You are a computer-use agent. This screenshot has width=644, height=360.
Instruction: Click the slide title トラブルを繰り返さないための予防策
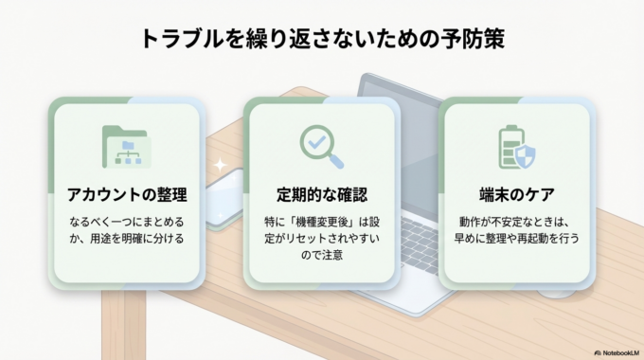point(322,39)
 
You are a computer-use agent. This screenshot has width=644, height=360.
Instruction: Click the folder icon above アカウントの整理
point(126,147)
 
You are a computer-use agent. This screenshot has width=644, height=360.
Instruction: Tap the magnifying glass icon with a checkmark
point(321,145)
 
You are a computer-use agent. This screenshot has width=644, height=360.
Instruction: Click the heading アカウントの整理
point(126,195)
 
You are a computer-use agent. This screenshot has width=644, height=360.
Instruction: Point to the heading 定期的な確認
point(321,195)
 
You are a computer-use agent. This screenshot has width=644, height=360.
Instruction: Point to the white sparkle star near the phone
point(220,165)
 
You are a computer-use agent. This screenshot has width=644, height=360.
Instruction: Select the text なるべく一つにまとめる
point(126,221)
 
